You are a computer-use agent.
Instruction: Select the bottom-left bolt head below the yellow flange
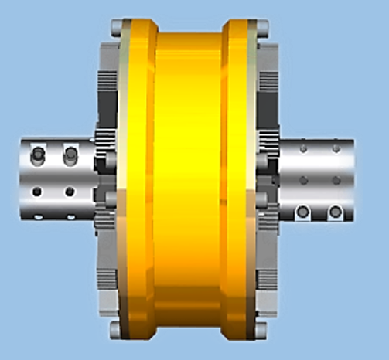115,330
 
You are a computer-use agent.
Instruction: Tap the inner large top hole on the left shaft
70,155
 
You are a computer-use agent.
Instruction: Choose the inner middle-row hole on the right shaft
303,180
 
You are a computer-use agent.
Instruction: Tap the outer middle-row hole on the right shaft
336,180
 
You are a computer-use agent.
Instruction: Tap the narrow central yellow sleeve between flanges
189,179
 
